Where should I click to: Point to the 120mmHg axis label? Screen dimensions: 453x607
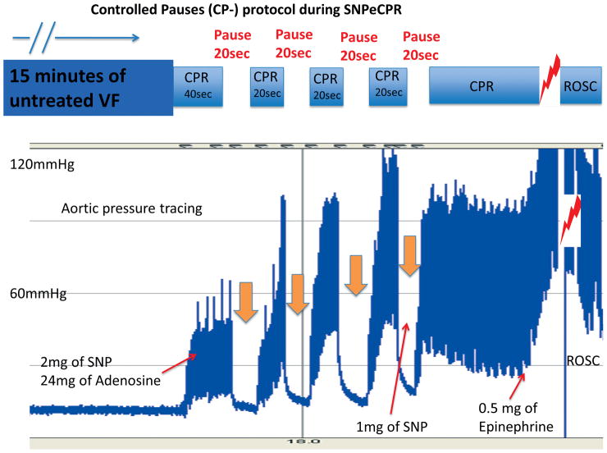click(x=42, y=164)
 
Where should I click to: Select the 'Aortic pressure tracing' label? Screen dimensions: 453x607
click(x=131, y=208)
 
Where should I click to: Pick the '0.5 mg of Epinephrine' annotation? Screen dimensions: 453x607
click(x=518, y=416)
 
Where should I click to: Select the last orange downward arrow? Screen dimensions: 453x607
click(x=409, y=254)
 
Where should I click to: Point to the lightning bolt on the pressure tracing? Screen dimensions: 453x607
click(x=568, y=220)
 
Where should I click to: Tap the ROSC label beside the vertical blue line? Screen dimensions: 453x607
click(x=584, y=360)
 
